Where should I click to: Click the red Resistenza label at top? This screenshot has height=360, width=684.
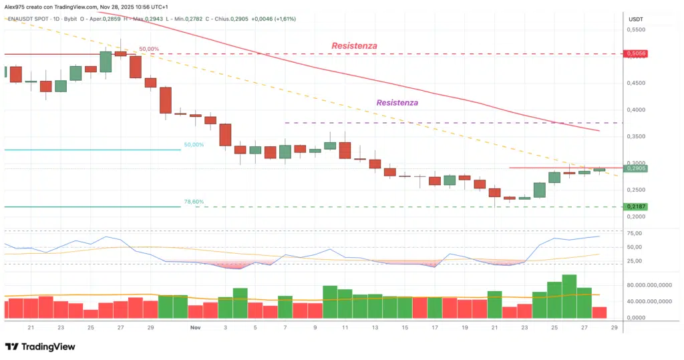click(x=354, y=45)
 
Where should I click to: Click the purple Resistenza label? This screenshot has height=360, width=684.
click(x=397, y=103)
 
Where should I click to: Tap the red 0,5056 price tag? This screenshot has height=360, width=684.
click(x=636, y=53)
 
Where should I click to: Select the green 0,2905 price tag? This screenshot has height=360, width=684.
click(x=636, y=169)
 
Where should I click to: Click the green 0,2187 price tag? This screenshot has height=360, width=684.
click(x=636, y=207)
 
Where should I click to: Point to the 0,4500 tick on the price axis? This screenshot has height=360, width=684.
click(x=639, y=83)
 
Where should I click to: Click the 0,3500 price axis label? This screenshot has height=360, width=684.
click(x=639, y=136)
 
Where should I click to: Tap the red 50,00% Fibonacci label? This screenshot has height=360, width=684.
click(x=148, y=49)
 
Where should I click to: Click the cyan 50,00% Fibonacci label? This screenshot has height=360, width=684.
click(x=194, y=144)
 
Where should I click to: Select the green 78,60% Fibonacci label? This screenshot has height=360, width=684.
click(x=194, y=201)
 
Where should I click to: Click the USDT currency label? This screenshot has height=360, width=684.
click(x=636, y=19)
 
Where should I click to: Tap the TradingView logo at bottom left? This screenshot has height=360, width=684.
click(x=40, y=347)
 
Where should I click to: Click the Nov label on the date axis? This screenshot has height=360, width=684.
click(x=195, y=328)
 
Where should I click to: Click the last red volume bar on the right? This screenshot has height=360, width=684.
click(x=599, y=312)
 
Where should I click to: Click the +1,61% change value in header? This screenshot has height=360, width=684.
click(x=283, y=19)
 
